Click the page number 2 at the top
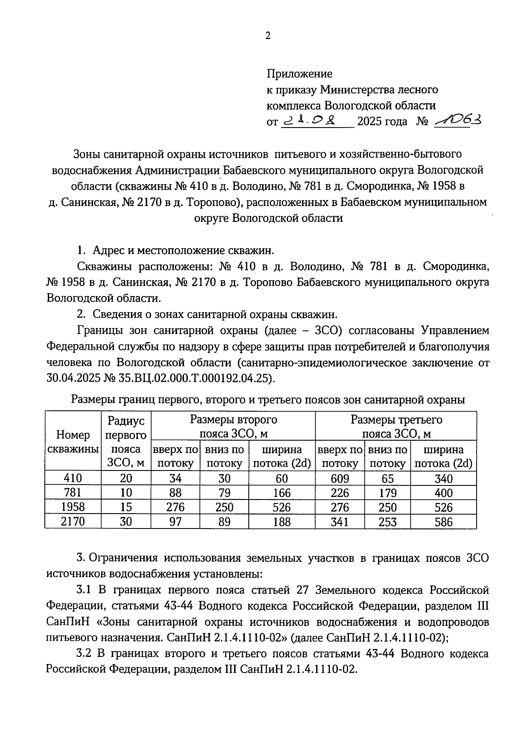(x=268, y=36)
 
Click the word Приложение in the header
(x=299, y=74)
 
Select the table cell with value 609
(x=340, y=479)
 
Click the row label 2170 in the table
(x=73, y=521)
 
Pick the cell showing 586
(x=443, y=522)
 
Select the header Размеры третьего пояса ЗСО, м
(x=396, y=427)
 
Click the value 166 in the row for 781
(x=282, y=493)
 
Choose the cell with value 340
(x=443, y=479)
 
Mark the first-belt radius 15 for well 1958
(x=126, y=507)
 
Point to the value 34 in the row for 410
(x=175, y=479)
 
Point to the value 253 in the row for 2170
(x=387, y=522)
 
